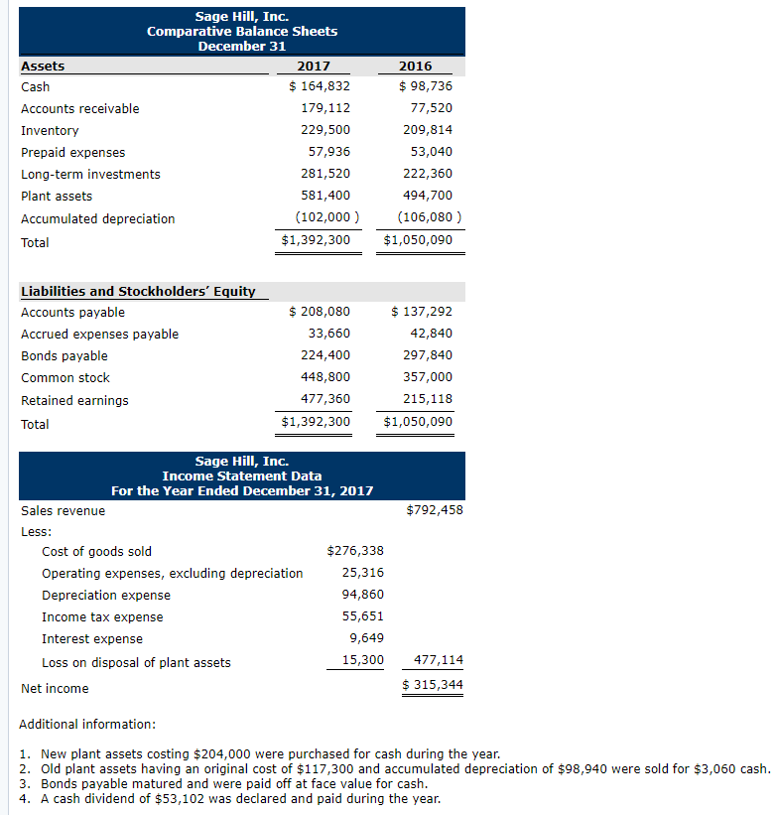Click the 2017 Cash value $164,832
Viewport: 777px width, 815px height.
coord(319,86)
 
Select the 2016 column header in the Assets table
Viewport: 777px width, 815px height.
coord(415,66)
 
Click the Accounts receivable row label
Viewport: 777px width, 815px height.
coord(80,108)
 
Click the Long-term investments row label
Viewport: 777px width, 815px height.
coord(90,174)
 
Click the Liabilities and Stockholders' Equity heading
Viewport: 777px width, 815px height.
coord(138,291)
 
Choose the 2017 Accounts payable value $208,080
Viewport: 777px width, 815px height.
coord(319,312)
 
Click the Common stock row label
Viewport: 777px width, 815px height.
coord(65,377)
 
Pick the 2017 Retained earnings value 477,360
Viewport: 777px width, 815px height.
coord(325,399)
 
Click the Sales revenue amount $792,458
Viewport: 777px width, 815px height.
coord(435,510)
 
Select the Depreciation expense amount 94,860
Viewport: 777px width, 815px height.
coord(362,595)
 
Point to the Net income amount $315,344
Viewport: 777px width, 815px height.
coord(433,686)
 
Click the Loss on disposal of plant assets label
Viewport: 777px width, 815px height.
coord(136,662)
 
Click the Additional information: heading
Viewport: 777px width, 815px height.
coord(87,724)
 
